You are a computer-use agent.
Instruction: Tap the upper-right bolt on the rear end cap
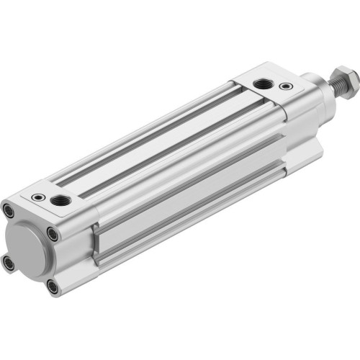pos(53,233)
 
